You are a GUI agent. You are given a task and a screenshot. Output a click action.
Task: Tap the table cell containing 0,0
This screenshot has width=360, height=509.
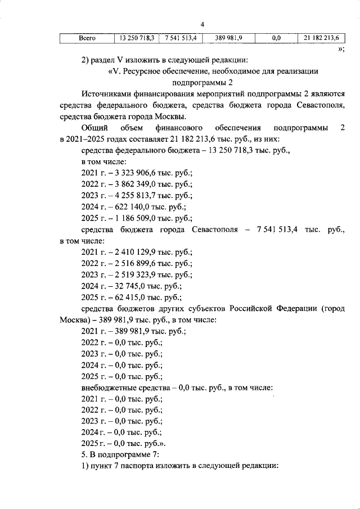point(276,39)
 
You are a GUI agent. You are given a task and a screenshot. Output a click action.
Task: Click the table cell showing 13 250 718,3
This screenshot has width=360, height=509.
point(136,39)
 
